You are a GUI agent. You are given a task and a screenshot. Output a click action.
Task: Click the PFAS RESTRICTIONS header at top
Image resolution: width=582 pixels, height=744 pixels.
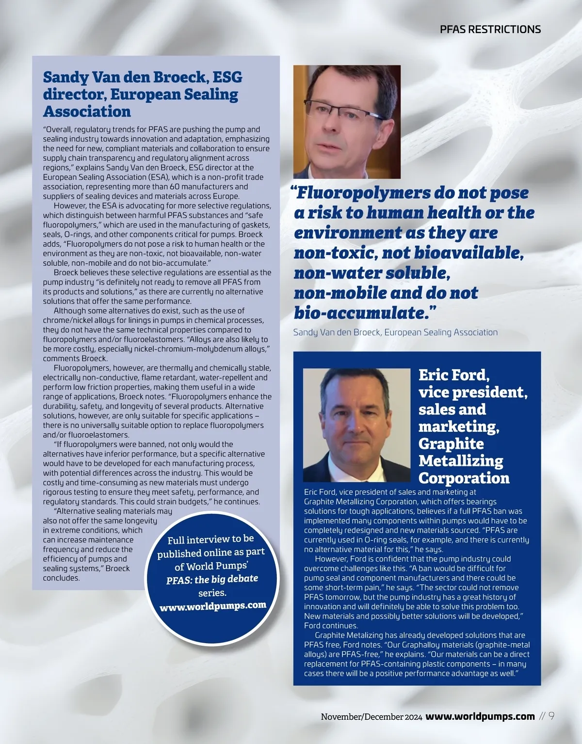pyautogui.click(x=490, y=29)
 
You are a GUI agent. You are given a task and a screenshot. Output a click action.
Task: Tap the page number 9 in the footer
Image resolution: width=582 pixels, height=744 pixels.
pyautogui.click(x=551, y=716)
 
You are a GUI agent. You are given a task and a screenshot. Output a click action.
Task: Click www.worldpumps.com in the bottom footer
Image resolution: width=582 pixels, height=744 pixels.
pyautogui.click(x=480, y=716)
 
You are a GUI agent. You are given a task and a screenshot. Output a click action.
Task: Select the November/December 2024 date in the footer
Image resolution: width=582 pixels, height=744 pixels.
pyautogui.click(x=371, y=717)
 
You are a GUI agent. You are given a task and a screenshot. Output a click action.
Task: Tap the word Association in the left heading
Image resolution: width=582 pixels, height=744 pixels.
pyautogui.click(x=87, y=111)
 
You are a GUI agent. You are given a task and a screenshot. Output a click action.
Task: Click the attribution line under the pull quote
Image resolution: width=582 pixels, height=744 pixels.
pyautogui.click(x=395, y=332)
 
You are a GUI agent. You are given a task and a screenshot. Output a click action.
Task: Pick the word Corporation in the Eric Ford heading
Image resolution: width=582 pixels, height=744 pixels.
pyautogui.click(x=464, y=478)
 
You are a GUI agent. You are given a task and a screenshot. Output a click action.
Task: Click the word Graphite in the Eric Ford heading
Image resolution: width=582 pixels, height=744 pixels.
pyautogui.click(x=451, y=443)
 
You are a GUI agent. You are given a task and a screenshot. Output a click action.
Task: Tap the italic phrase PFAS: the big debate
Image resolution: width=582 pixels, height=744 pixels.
pyautogui.click(x=212, y=579)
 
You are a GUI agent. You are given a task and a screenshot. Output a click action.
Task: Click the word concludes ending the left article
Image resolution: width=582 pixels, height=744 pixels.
pyautogui.click(x=61, y=578)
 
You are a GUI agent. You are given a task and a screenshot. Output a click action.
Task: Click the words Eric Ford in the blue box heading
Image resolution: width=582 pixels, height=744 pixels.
pyautogui.click(x=454, y=375)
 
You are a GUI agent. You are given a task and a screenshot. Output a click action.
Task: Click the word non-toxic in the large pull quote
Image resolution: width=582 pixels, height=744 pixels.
pyautogui.click(x=335, y=253)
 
